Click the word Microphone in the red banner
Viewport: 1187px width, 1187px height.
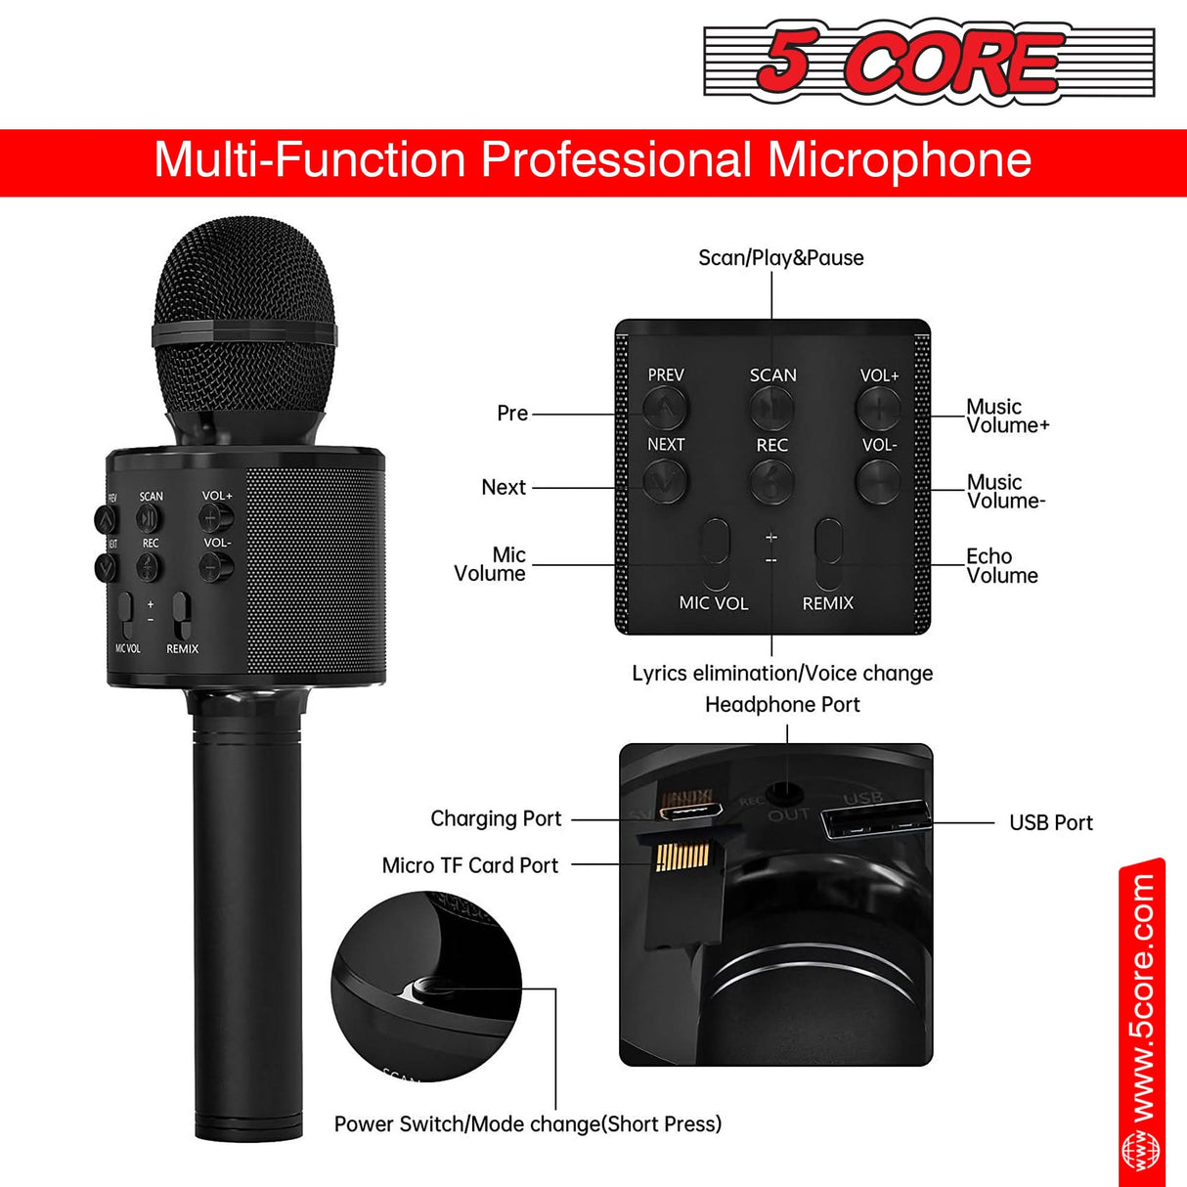pos(899,160)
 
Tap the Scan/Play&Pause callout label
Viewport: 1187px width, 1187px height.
pos(780,258)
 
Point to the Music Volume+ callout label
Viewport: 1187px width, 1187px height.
pos(1007,416)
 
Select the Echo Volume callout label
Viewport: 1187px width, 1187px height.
pos(1001,566)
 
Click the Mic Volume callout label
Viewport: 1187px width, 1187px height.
pos(491,564)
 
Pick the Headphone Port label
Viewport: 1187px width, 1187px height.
pos(782,705)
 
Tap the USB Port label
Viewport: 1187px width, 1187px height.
pos(1050,823)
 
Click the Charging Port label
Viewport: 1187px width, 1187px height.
pos(496,819)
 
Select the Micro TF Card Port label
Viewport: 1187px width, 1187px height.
pos(469,866)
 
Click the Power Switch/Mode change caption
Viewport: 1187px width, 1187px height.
pos(528,1124)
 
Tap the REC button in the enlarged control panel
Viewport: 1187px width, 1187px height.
pos(771,480)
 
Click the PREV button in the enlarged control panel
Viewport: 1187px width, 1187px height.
pos(666,407)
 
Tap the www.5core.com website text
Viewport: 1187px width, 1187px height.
pos(1141,997)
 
